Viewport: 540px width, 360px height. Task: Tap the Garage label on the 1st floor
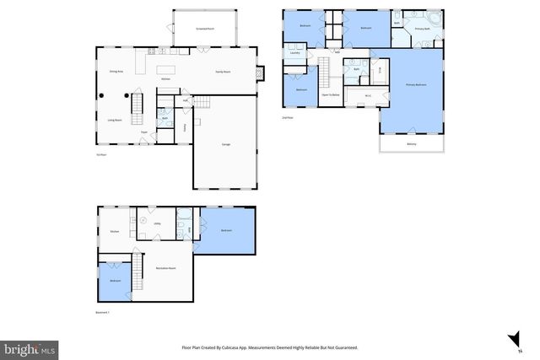coord(226,145)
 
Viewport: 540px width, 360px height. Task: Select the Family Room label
coord(223,73)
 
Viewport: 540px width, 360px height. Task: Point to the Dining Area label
coord(116,73)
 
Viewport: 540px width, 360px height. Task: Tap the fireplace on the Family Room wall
coord(262,73)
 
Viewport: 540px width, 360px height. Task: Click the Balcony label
coord(411,144)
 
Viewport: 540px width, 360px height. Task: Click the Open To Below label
coord(330,95)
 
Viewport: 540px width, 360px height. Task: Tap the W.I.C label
coord(369,95)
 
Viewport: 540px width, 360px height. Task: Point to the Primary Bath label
coord(423,29)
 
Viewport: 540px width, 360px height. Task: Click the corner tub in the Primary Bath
coord(434,19)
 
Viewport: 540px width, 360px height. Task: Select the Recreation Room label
coord(165,268)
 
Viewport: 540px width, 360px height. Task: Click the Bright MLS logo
coord(30,347)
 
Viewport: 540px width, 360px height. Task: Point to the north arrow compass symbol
coord(512,340)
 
